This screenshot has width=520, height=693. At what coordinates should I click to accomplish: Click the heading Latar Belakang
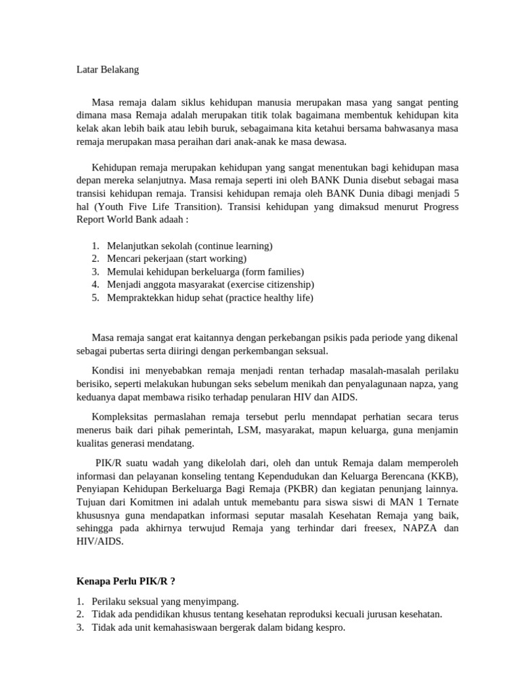coord(106,69)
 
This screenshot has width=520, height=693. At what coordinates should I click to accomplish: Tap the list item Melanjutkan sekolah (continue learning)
coord(190,246)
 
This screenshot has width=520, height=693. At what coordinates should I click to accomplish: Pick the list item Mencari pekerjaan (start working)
coord(177,259)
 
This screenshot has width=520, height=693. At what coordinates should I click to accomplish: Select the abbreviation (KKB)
coord(443,475)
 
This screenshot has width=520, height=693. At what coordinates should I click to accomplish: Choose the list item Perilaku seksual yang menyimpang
coord(165,601)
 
